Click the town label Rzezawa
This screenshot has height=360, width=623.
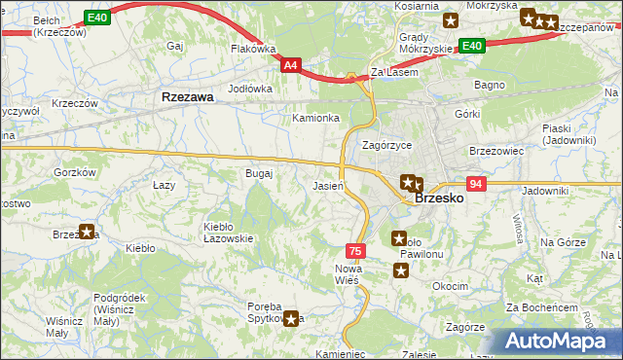181,97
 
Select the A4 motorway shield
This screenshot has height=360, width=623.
291,65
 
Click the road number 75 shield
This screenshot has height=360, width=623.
356,250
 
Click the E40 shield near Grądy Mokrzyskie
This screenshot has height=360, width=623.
471,46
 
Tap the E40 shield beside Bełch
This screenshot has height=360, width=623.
96,18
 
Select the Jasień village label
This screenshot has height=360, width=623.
326,185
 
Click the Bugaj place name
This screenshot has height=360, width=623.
259,173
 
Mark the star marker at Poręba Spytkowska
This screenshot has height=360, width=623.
291,318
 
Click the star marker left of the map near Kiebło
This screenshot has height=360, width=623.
87,232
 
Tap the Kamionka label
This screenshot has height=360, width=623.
316,118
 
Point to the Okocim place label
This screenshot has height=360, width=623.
451,287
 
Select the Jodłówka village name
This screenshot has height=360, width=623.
249,88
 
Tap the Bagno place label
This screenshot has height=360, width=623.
488,86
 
